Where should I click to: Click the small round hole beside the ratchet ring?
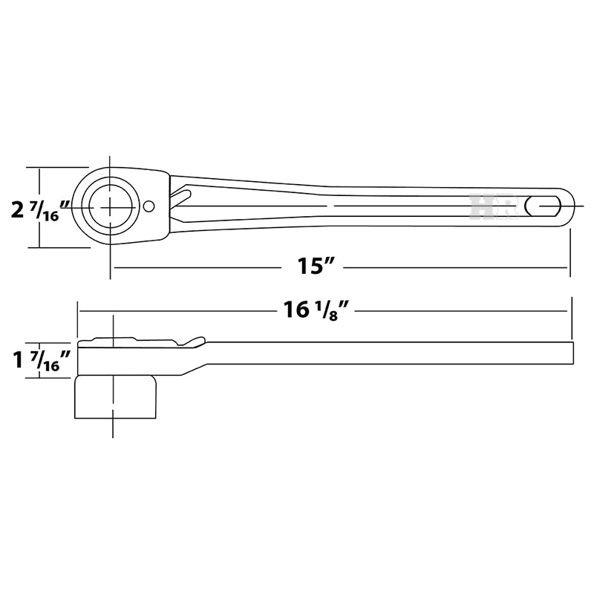149,206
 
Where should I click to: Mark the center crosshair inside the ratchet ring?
111,206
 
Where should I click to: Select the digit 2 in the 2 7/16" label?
18,210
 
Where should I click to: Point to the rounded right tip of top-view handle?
571,204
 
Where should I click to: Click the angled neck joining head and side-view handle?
193,368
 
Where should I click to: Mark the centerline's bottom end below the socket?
113,435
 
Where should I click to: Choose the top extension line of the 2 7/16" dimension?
59,167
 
